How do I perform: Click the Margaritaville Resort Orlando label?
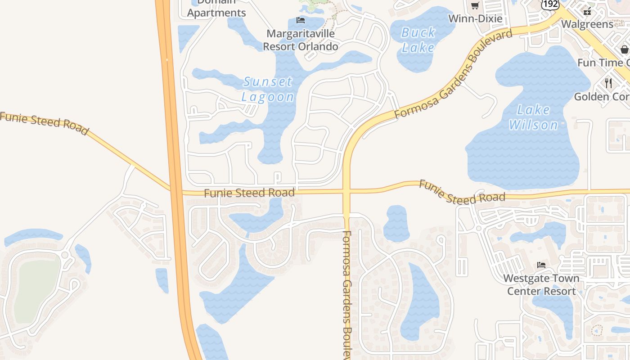pyautogui.click(x=300, y=40)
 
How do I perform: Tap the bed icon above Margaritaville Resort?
pyautogui.click(x=300, y=20)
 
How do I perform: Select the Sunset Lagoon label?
pyautogui.click(x=268, y=89)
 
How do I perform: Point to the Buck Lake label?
pyautogui.click(x=418, y=40)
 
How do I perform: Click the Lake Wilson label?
pyautogui.click(x=533, y=117)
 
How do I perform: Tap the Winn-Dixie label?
pyautogui.click(x=475, y=18)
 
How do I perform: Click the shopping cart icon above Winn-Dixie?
pyautogui.click(x=475, y=6)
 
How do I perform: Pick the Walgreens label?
pyautogui.click(x=587, y=24)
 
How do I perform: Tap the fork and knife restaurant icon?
pyautogui.click(x=608, y=83)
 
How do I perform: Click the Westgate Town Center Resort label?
pyautogui.click(x=541, y=284)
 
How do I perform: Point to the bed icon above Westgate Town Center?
pyautogui.click(x=541, y=265)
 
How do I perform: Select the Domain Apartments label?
pyautogui.click(x=216, y=9)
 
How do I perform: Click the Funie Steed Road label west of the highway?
pyautogui.click(x=44, y=123)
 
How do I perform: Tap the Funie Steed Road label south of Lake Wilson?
pyautogui.click(x=462, y=193)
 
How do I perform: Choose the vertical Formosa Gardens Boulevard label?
pyautogui.click(x=347, y=295)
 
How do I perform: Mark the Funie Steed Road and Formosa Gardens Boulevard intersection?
pyautogui.click(x=346, y=191)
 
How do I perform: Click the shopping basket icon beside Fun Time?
pyautogui.click(x=625, y=49)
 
